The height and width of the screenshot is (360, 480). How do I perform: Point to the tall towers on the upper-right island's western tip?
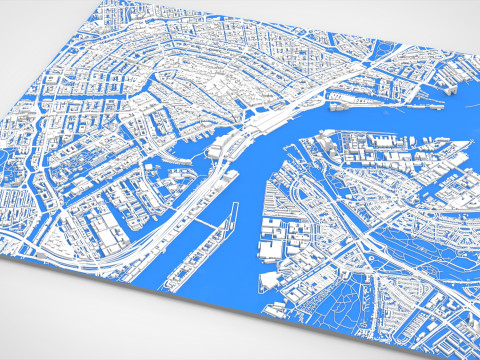pyautogui.click(x=330, y=140)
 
